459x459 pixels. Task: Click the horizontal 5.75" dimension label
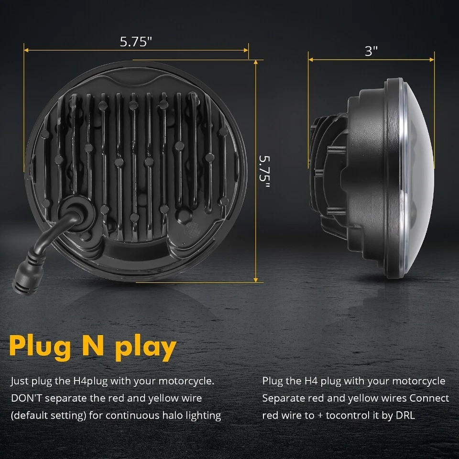click(x=136, y=42)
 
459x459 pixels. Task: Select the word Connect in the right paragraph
click(x=429, y=398)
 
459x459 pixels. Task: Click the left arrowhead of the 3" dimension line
click(x=310, y=60)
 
